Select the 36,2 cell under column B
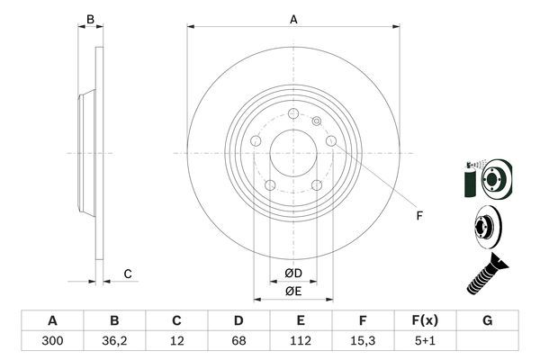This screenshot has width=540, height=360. click(114, 342)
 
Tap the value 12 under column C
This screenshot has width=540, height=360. click(177, 342)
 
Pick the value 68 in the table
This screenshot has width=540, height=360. click(238, 342)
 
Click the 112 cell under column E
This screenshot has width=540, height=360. click(301, 342)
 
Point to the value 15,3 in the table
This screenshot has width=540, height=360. click(363, 342)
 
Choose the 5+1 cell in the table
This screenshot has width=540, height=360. click(425, 342)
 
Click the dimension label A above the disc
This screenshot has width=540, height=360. click(293, 18)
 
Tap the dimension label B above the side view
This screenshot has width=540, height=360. click(89, 18)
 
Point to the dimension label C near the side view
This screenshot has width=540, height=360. click(128, 274)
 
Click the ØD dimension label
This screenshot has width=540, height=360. click(293, 274)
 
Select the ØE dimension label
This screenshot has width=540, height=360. click(293, 291)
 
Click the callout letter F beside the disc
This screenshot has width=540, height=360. click(418, 214)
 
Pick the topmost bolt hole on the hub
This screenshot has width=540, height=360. click(293, 112)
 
